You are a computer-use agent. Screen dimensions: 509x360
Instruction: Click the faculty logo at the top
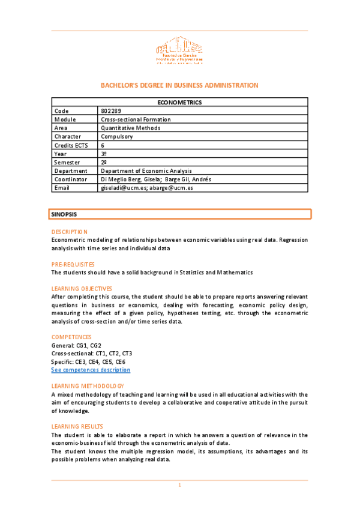click(x=179, y=51)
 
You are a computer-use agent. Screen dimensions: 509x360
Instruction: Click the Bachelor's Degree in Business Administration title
click(x=179, y=85)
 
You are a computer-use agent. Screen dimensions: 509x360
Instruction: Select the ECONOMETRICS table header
click(x=179, y=103)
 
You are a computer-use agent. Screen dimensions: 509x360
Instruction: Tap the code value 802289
click(x=112, y=111)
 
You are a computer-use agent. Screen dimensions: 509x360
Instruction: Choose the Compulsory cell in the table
click(x=118, y=136)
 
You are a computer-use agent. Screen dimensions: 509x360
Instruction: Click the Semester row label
click(x=67, y=162)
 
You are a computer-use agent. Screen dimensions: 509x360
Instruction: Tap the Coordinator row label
click(x=71, y=179)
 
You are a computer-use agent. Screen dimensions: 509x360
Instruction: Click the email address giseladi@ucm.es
click(x=123, y=188)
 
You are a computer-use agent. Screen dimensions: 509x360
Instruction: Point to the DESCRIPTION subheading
click(x=70, y=231)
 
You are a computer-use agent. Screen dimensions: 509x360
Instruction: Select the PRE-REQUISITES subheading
click(x=73, y=264)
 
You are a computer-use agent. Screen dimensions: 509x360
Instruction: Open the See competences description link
click(x=91, y=370)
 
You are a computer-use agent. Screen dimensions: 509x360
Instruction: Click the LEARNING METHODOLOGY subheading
click(x=88, y=385)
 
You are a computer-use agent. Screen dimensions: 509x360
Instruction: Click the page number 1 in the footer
click(x=179, y=485)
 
